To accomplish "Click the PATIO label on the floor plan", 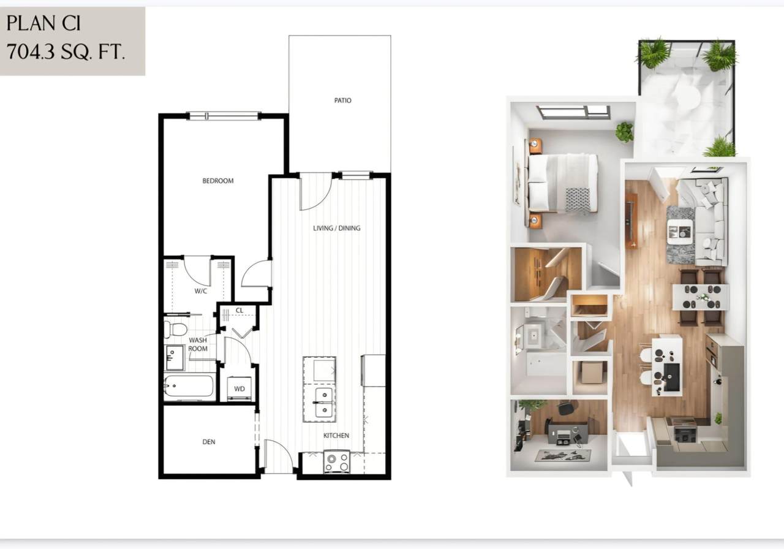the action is coord(342,100).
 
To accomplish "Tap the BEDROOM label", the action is coord(217,181).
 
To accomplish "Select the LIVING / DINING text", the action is coord(337,228).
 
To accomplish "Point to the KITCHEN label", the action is coord(336,435).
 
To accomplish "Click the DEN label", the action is coord(209,442).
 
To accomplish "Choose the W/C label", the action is coord(200,291).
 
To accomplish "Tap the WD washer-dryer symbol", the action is coord(239,388).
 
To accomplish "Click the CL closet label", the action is coord(239,310).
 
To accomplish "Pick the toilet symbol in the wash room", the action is coord(176,330).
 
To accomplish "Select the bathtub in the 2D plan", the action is coord(189,386).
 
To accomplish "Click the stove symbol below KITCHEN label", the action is coord(337,461).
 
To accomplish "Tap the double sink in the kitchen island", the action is coord(324,403).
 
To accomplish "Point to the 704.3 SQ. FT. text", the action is coord(66,51).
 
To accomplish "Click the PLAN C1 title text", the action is coord(43,23).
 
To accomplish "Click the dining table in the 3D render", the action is coord(701,297).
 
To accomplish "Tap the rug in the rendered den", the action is coord(563,455).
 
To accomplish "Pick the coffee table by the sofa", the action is coord(680,232).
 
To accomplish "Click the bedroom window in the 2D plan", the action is coord(223,116).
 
